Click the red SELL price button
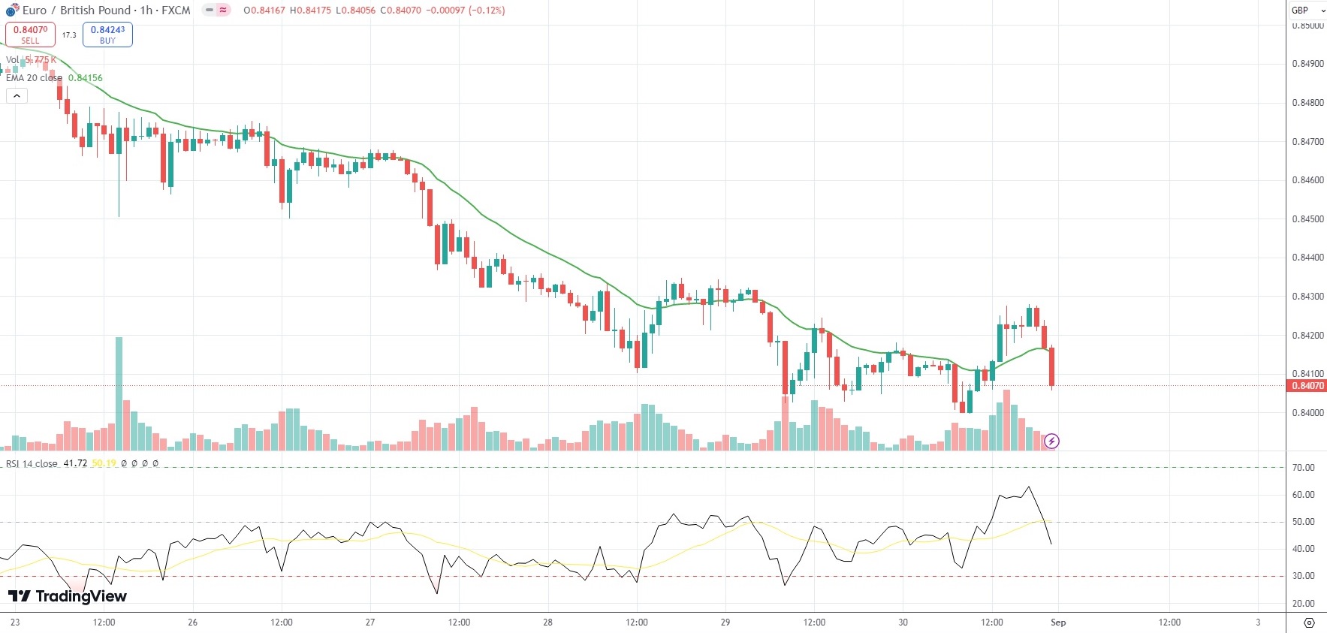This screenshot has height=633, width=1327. coord(30,35)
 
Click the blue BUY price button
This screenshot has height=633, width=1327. coord(107,35)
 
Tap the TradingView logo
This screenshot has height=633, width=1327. coord(68,596)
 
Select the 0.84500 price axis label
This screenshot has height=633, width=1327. coord(1307,219)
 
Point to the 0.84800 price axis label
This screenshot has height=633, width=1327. coord(1307,103)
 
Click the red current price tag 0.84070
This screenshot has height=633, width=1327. coord(1307,386)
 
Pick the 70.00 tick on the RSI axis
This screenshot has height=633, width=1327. coord(1303,468)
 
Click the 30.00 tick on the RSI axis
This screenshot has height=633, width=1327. coord(1303,576)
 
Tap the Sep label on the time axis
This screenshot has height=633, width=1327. coord(1058,622)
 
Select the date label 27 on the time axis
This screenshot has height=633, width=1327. coord(370,622)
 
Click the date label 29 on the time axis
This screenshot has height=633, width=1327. coord(725,622)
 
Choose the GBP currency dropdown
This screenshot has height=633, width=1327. coord(1307,11)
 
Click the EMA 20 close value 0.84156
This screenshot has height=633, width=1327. coord(85,78)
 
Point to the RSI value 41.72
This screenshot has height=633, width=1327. coord(75,463)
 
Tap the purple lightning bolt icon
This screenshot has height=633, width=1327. coord(1051,441)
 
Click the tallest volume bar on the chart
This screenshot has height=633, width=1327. coord(119,393)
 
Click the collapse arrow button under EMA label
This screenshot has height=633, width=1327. coord(17,96)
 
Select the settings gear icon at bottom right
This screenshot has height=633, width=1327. coord(1309,622)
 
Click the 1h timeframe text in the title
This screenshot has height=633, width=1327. coord(146,11)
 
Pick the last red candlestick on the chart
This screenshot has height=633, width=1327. coord(1051,366)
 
